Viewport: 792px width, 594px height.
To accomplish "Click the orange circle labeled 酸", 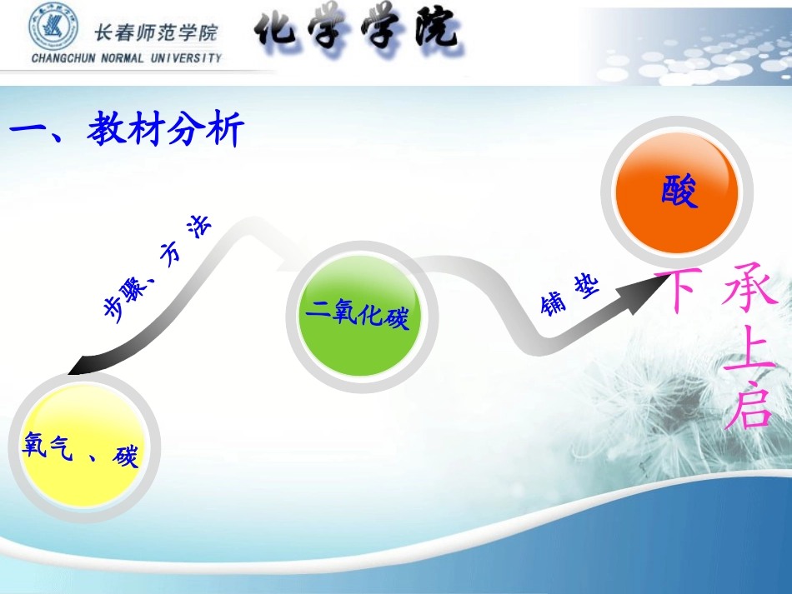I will pos(676,192).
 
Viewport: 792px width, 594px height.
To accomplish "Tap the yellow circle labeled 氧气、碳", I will pos(82,449).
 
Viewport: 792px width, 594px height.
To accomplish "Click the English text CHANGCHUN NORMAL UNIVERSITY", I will pos(127,58).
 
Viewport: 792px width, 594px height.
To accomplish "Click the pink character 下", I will pos(675,292).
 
